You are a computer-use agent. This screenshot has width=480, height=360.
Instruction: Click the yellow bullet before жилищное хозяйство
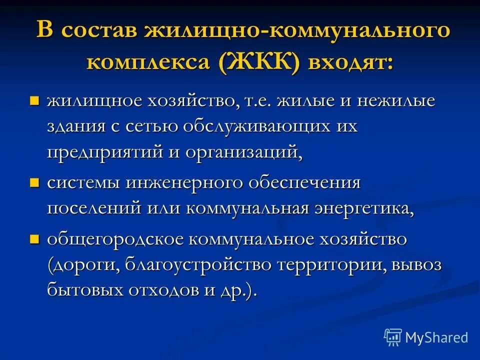[x=34, y=101]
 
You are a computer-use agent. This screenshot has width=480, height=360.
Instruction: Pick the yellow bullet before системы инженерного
[x=34, y=183]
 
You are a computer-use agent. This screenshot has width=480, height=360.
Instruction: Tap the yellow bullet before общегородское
[x=34, y=239]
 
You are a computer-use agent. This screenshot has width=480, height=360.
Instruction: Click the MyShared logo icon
[x=393, y=337]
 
